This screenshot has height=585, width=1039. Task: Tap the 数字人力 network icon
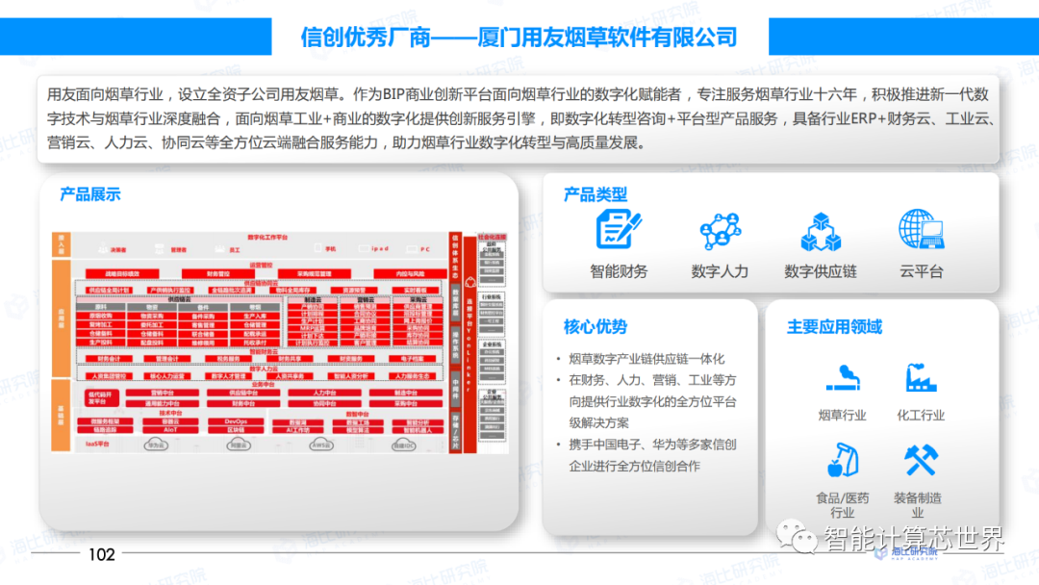[x=720, y=231]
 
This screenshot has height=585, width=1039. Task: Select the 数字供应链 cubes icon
[x=821, y=231]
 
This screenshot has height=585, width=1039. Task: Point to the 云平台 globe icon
[x=922, y=230]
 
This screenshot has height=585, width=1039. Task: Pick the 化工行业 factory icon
[x=921, y=376]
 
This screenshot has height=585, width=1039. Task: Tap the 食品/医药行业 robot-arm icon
[x=842, y=460]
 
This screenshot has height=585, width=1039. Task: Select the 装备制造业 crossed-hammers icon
[x=921, y=460]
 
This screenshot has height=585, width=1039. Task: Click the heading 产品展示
[x=90, y=193]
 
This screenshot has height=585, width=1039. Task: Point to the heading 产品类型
[x=596, y=194]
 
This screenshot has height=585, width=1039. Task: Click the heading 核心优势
[x=596, y=327]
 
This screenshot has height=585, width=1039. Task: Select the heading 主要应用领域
[x=834, y=327]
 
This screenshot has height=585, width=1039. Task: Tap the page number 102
[x=101, y=554]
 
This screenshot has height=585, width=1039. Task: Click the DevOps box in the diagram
[x=236, y=421]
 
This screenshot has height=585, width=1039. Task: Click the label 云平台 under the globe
[x=922, y=271]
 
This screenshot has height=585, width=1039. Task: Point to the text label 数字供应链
[x=821, y=271]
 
